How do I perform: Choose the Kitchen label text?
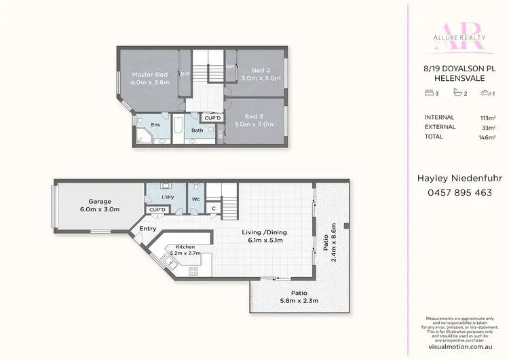pyautogui.click(x=185, y=247)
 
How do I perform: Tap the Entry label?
pyautogui.click(x=147, y=229)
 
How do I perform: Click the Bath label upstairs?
pyautogui.click(x=197, y=130)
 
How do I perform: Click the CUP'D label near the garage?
pyautogui.click(x=157, y=210)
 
